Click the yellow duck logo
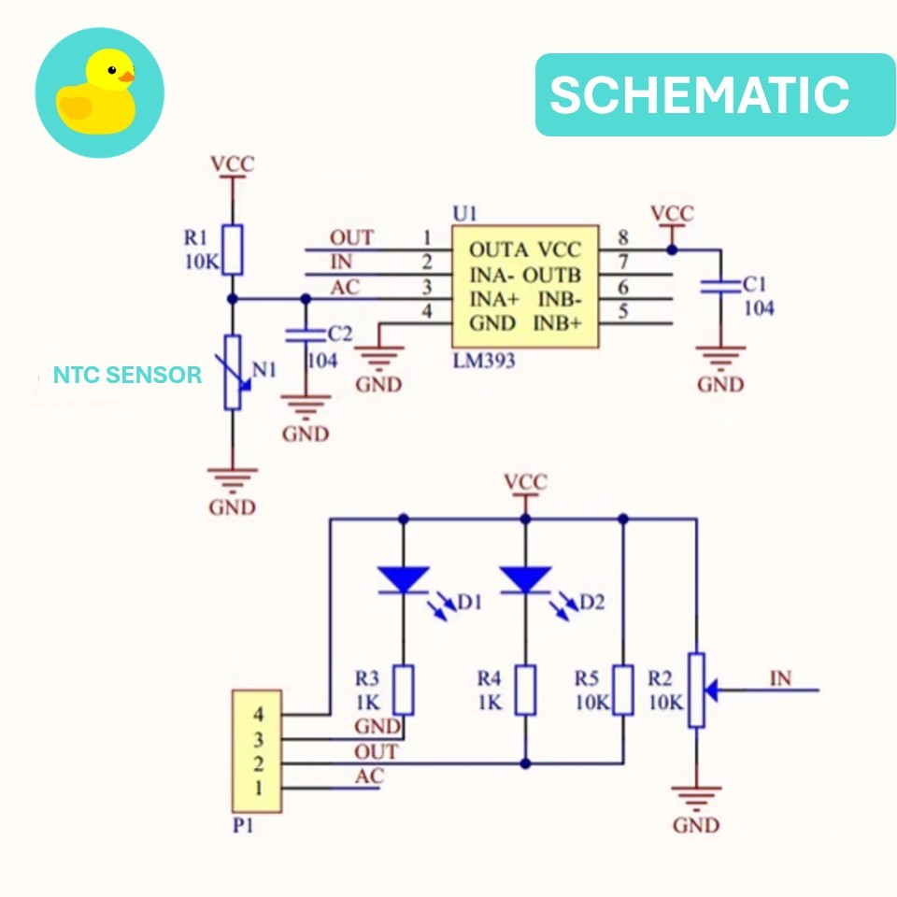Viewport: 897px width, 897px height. [x=99, y=93]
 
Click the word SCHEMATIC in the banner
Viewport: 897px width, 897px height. [x=699, y=94]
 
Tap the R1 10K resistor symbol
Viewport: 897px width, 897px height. [x=233, y=249]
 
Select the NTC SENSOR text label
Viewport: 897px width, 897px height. [x=127, y=376]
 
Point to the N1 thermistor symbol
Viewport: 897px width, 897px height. [x=233, y=372]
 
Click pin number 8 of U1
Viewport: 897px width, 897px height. [x=623, y=239]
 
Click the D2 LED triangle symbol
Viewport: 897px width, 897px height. [x=525, y=579]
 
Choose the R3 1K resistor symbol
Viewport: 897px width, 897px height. [x=403, y=690]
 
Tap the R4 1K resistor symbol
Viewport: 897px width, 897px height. [x=525, y=690]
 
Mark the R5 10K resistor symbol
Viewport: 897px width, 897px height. [x=624, y=690]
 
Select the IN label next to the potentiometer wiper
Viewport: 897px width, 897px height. [x=780, y=679]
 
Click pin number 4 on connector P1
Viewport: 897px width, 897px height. [x=258, y=716]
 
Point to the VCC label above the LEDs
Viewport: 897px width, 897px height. [x=525, y=483]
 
